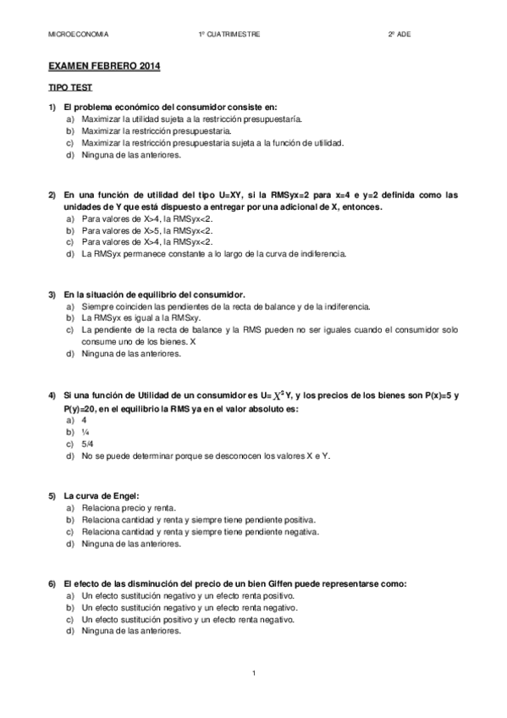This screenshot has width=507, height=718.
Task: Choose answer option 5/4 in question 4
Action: [x=88, y=444]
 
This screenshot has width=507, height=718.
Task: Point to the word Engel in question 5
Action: [x=124, y=494]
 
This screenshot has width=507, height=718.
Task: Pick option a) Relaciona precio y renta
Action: [x=121, y=507]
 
